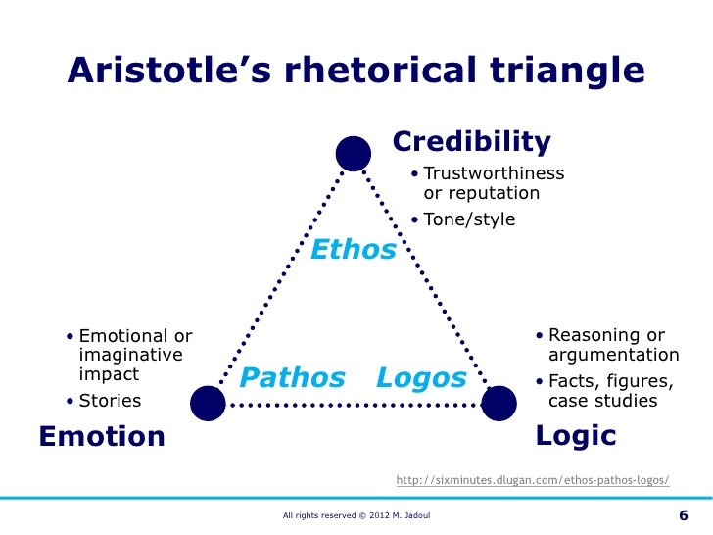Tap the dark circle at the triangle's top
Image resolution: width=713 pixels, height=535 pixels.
(x=353, y=154)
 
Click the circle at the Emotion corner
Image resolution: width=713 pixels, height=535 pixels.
(x=208, y=403)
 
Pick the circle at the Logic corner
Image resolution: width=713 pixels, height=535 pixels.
(x=498, y=403)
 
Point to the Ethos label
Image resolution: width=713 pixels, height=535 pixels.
(x=354, y=250)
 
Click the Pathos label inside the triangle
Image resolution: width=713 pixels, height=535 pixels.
(x=293, y=377)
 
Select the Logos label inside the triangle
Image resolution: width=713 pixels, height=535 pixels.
(x=421, y=377)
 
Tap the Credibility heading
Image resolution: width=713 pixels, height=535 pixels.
(x=472, y=142)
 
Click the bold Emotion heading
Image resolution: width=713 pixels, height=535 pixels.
(x=102, y=436)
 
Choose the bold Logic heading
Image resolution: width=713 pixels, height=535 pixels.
(x=576, y=436)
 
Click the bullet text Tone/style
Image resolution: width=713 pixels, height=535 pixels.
(x=469, y=219)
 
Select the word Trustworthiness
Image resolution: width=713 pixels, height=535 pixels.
(x=494, y=173)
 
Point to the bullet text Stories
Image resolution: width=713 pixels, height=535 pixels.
(x=110, y=400)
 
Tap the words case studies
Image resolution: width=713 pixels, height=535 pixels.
(x=602, y=400)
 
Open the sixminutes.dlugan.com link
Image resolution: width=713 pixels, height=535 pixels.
(x=533, y=480)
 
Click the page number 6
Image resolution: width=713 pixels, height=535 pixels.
(x=683, y=515)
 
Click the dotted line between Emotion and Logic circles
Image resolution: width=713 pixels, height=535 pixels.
(x=353, y=404)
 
